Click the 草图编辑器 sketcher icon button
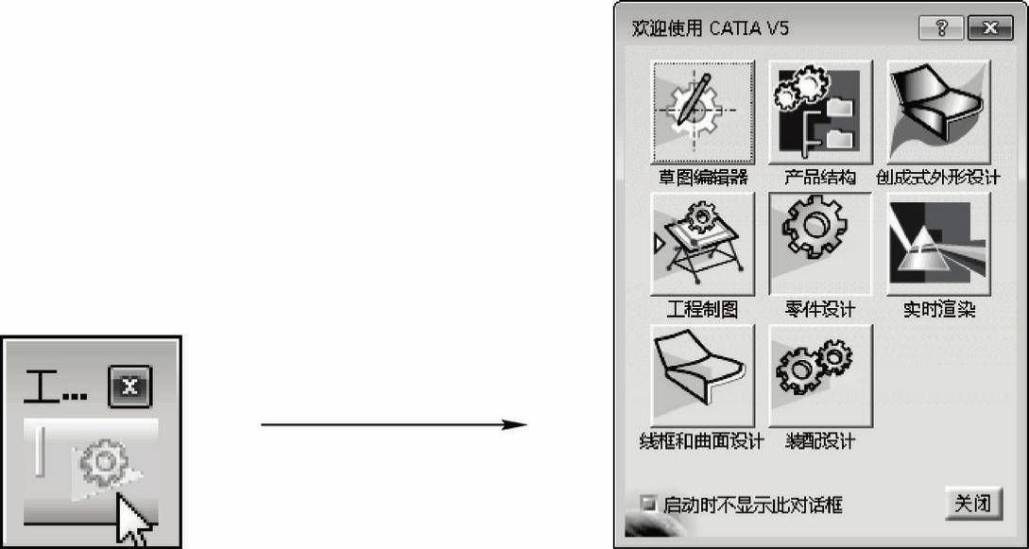click(703, 112)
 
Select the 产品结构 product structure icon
click(820, 112)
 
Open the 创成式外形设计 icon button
click(938, 112)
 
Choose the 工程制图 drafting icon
click(703, 244)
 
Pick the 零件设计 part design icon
click(820, 244)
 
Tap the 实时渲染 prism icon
click(938, 244)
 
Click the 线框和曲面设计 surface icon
click(703, 376)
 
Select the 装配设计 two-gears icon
click(820, 376)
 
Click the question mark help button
click(941, 29)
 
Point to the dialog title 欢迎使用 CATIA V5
click(711, 29)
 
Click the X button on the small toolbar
click(130, 386)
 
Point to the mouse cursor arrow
click(133, 522)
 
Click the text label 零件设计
click(820, 309)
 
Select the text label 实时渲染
click(938, 309)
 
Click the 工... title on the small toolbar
click(55, 387)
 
